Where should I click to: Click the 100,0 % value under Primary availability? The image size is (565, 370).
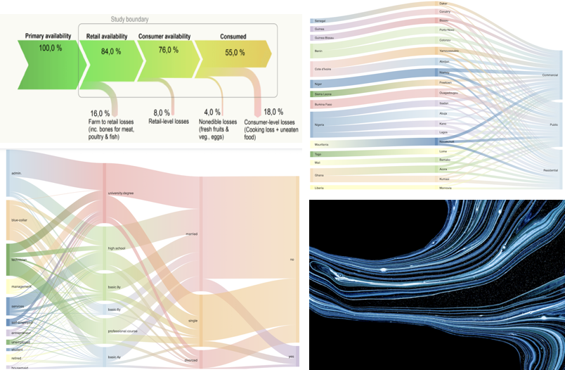tap(49, 48)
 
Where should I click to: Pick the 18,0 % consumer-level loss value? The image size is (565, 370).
tap(273, 112)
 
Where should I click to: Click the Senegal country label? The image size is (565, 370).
tap(320, 21)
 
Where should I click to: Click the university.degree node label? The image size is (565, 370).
tap(120, 192)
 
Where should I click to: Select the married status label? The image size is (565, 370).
tap(210, 234)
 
